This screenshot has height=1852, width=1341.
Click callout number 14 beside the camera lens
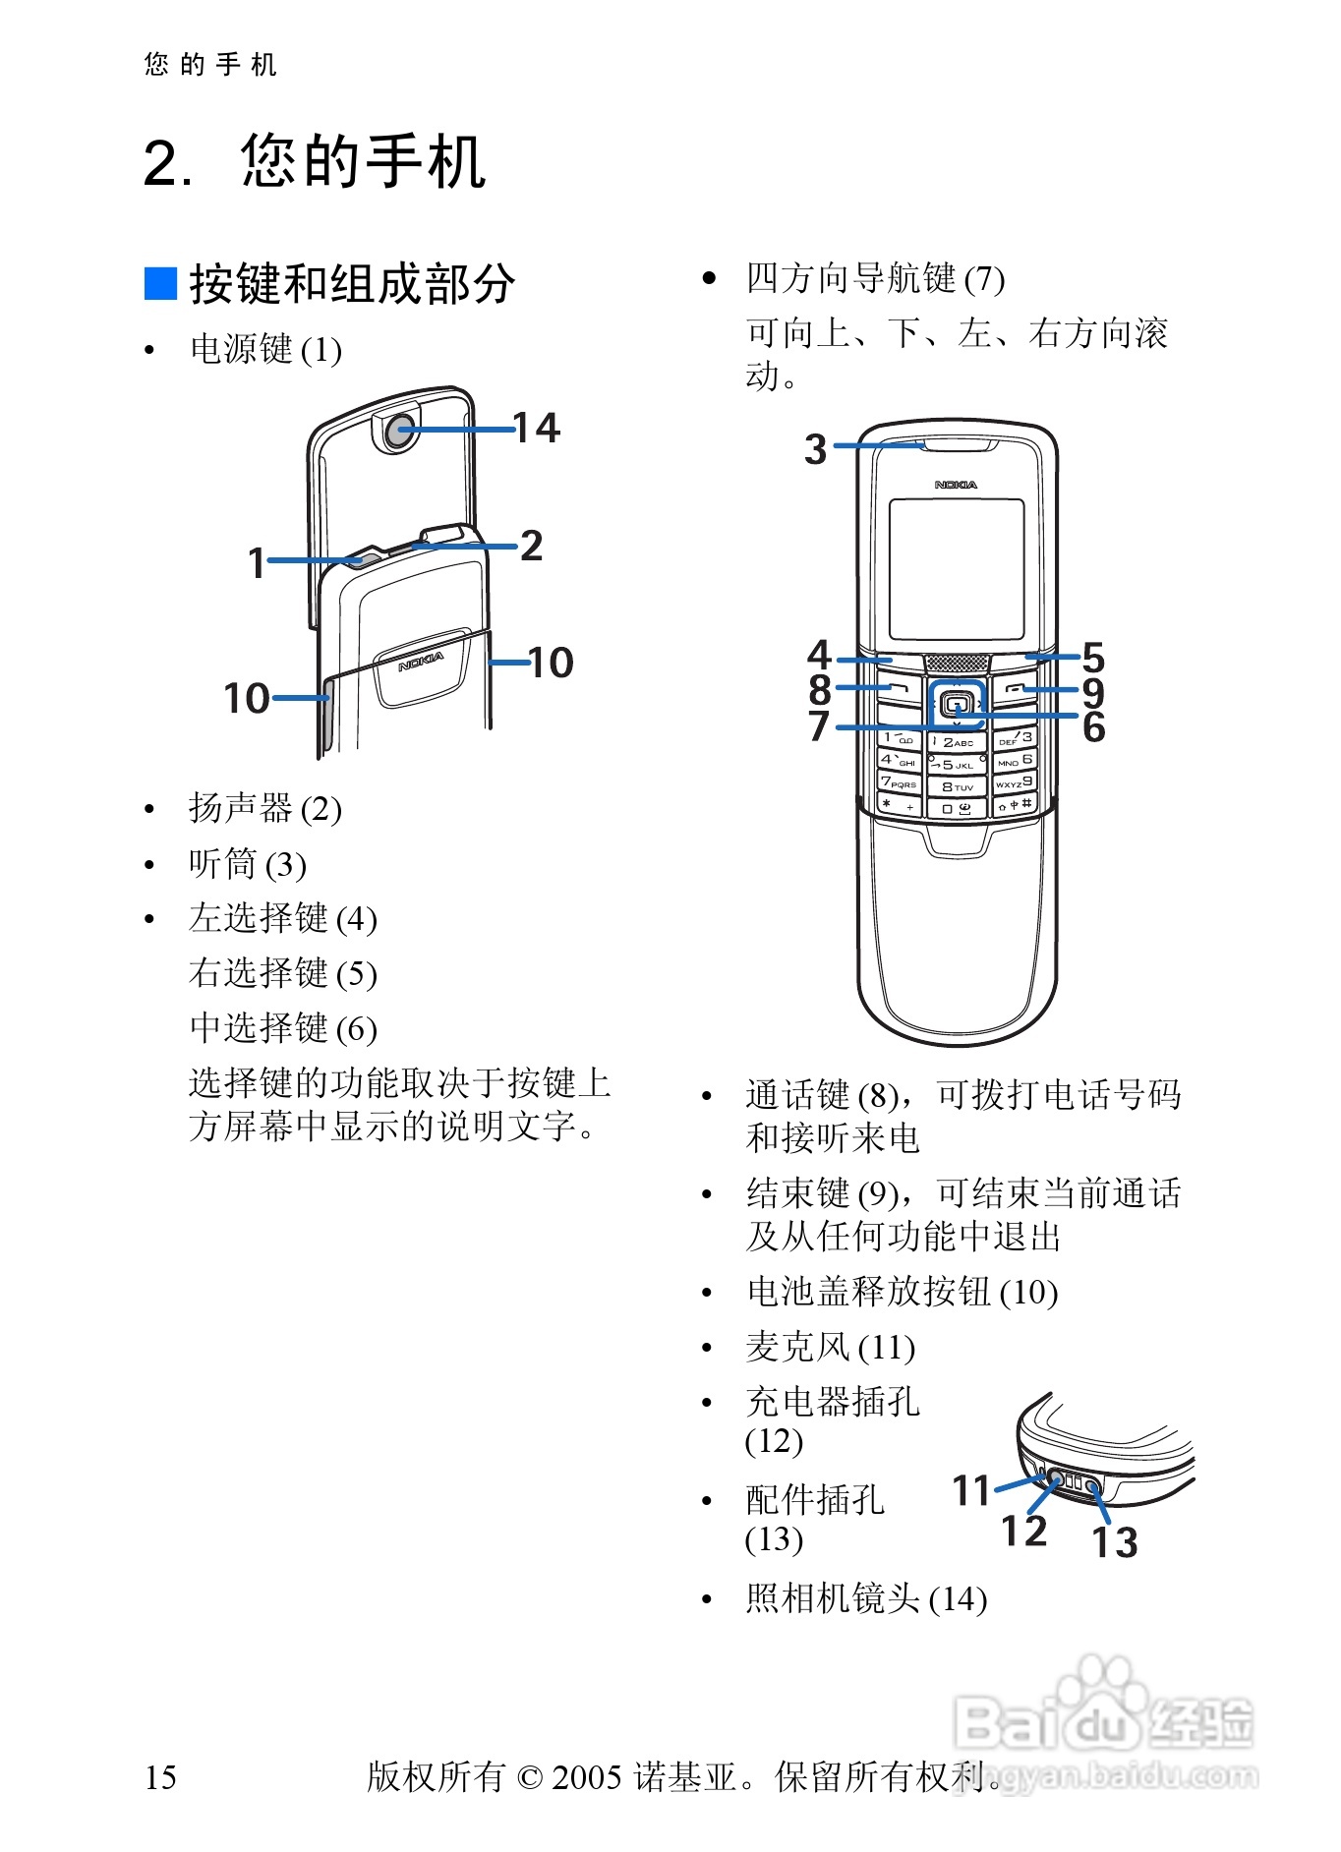point(537,428)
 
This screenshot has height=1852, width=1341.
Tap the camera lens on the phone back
point(399,431)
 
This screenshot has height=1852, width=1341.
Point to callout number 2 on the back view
point(531,546)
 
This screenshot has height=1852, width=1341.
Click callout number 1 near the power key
point(257,563)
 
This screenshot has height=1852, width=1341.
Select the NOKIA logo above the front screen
point(956,485)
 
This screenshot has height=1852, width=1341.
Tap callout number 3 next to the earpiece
point(816,449)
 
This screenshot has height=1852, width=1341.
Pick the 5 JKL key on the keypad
point(956,764)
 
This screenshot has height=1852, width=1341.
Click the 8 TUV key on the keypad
point(956,786)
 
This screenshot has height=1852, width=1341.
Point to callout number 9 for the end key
point(1093,693)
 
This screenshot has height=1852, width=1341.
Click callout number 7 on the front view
point(819,726)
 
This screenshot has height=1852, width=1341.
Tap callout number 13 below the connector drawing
point(1115,1542)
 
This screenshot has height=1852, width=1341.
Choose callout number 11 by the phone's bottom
point(971,1490)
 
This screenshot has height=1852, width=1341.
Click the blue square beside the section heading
point(160,283)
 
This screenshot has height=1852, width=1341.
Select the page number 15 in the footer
point(160,1777)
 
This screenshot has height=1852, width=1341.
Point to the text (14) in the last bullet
point(958,1599)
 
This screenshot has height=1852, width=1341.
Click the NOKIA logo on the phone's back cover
point(421,662)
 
